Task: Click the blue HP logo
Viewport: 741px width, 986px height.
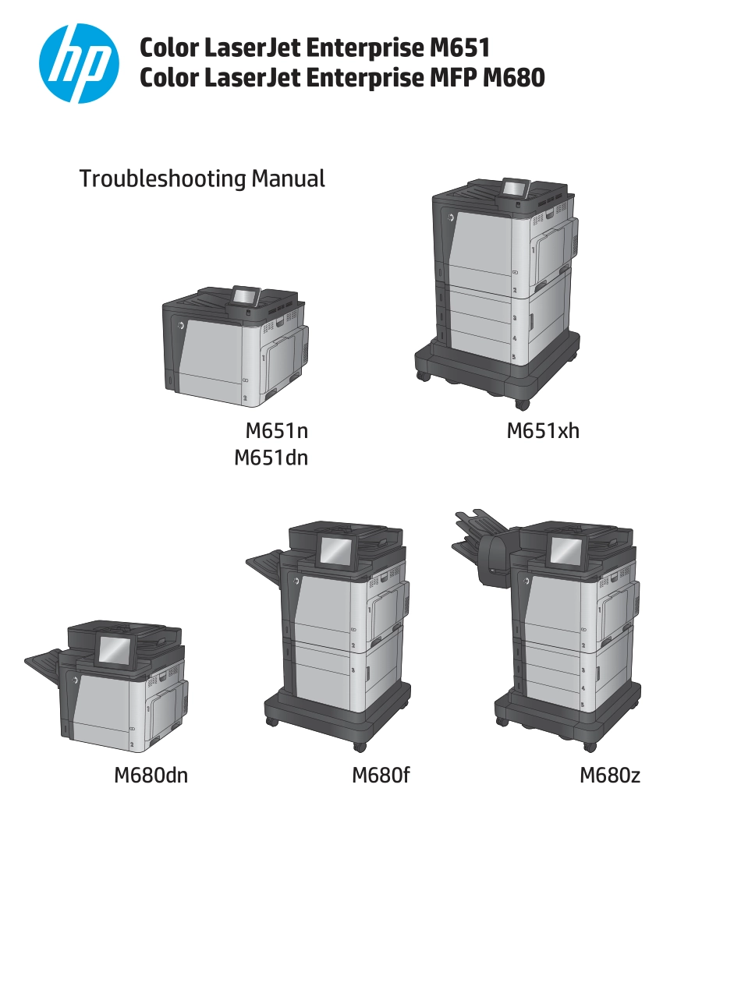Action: (x=79, y=63)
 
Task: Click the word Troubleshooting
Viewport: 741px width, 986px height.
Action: (x=163, y=179)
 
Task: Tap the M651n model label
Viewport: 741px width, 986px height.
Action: (x=276, y=430)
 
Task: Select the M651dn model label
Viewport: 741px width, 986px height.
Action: (x=271, y=458)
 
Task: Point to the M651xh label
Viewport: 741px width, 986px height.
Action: (x=542, y=430)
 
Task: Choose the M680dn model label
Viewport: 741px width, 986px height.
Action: (x=151, y=776)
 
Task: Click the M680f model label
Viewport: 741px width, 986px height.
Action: (x=380, y=776)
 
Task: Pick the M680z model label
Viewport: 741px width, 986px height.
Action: (x=610, y=776)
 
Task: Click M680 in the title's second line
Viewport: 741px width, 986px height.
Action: (x=513, y=77)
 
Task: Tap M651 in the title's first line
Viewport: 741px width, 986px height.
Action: (x=459, y=48)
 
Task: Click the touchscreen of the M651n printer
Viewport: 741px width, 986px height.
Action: (x=244, y=297)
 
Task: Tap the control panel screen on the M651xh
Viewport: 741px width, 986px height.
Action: (x=514, y=188)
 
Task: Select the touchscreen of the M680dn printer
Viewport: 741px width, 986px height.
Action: (x=115, y=649)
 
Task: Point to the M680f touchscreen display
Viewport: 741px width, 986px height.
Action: (x=338, y=550)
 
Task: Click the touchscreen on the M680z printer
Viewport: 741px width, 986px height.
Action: (x=565, y=551)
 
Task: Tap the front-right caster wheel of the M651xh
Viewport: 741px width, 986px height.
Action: (x=522, y=404)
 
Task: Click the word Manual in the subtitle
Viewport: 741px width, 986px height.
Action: (x=288, y=178)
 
